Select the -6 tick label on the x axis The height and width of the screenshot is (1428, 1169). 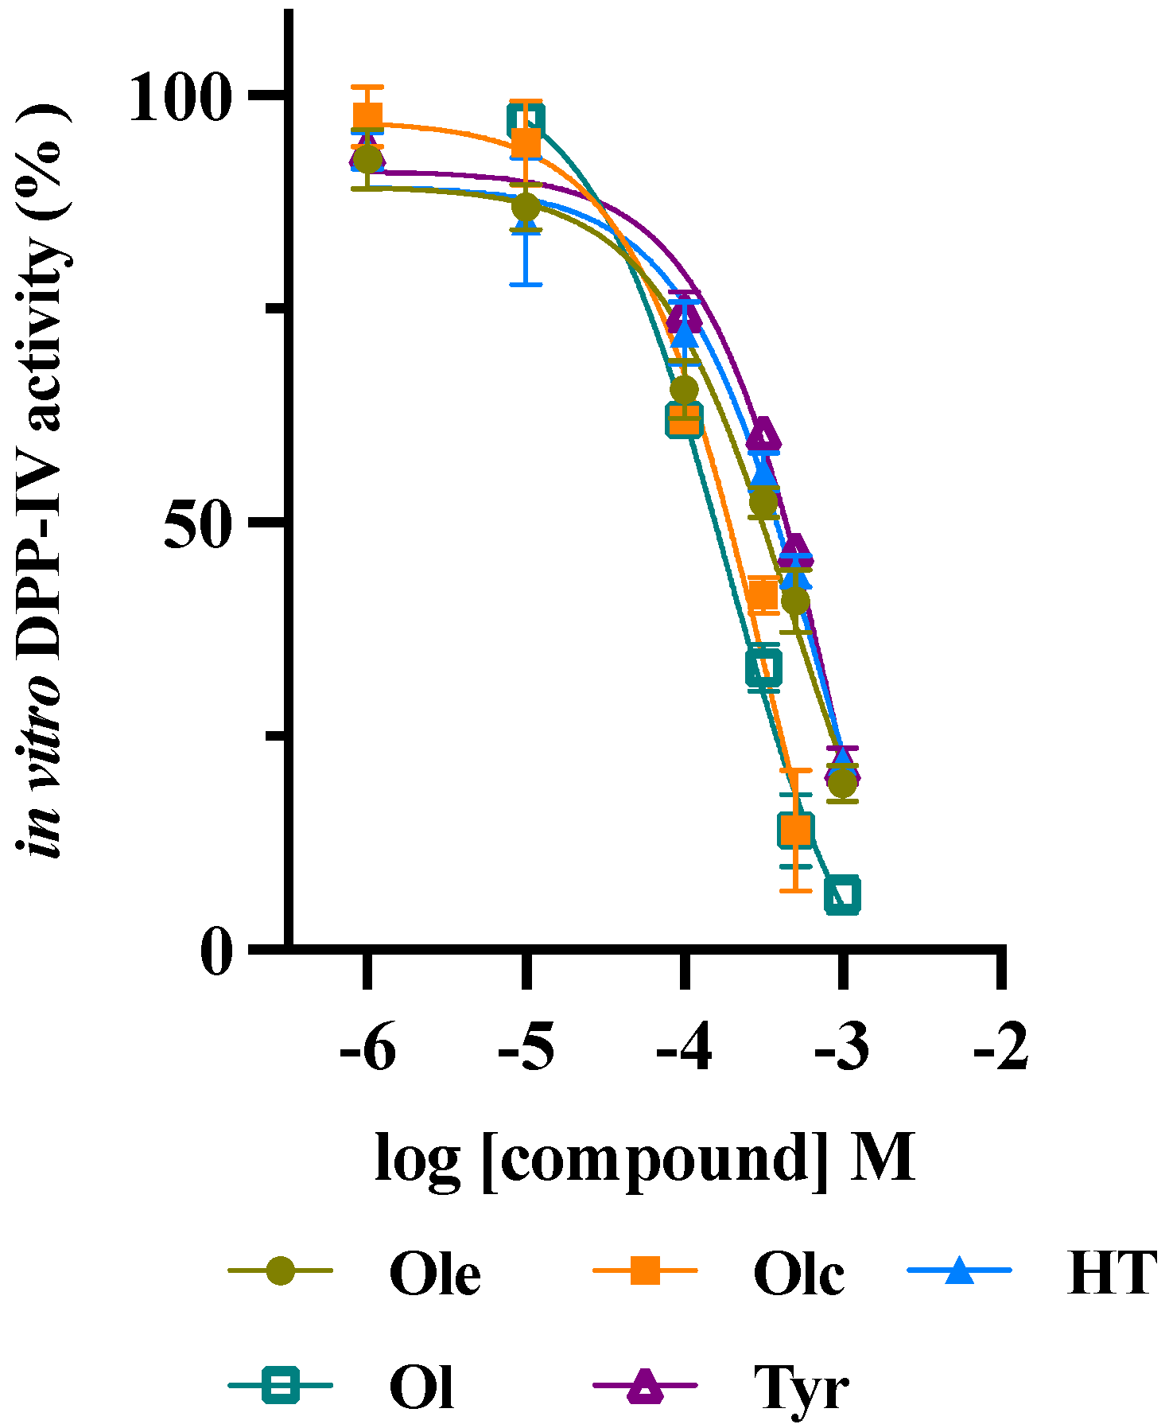click(x=367, y=1052)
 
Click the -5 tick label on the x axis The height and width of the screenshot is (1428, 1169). click(x=526, y=1052)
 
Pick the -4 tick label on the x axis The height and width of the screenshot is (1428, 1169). click(x=684, y=1052)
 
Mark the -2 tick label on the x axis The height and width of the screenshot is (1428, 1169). click(x=1001, y=1052)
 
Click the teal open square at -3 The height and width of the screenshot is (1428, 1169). click(x=843, y=895)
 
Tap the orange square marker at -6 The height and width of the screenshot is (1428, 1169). click(x=367, y=117)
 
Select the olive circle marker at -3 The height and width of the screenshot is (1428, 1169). click(x=843, y=784)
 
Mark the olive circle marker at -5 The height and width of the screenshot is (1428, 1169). click(x=526, y=207)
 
